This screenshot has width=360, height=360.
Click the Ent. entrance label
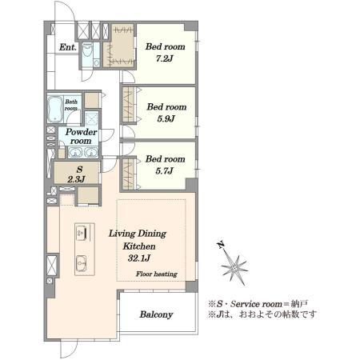[x=67, y=47]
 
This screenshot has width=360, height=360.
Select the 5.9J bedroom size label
[x=166, y=118]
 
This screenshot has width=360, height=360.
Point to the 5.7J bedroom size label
[x=166, y=170]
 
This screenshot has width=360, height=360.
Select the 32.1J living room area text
[x=137, y=259]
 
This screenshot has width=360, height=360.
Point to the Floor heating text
[x=156, y=274]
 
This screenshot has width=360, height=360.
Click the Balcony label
[x=157, y=314]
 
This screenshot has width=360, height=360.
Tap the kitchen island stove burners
[x=82, y=232]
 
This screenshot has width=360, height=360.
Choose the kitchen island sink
[x=82, y=262]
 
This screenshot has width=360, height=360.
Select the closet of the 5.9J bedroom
[x=129, y=104]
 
